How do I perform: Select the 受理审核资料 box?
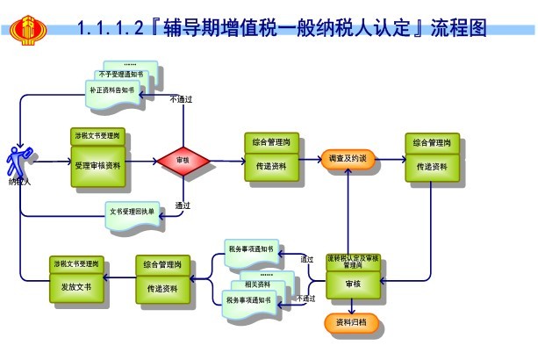[x=98, y=164]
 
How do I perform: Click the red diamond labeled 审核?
[x=183, y=161]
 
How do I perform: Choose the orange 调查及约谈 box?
[x=347, y=159]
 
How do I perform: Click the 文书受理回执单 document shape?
[x=132, y=212]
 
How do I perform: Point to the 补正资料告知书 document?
[x=111, y=90]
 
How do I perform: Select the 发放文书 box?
[x=76, y=287]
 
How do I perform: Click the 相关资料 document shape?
[x=258, y=284]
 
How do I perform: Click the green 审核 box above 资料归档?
[x=352, y=285]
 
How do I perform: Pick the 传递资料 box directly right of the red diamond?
[x=270, y=165]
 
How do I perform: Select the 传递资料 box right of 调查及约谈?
[x=432, y=166]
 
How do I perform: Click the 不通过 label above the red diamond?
[x=181, y=99]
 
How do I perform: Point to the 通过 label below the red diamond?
[x=183, y=206]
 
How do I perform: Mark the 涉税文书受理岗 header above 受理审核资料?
[x=98, y=136]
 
